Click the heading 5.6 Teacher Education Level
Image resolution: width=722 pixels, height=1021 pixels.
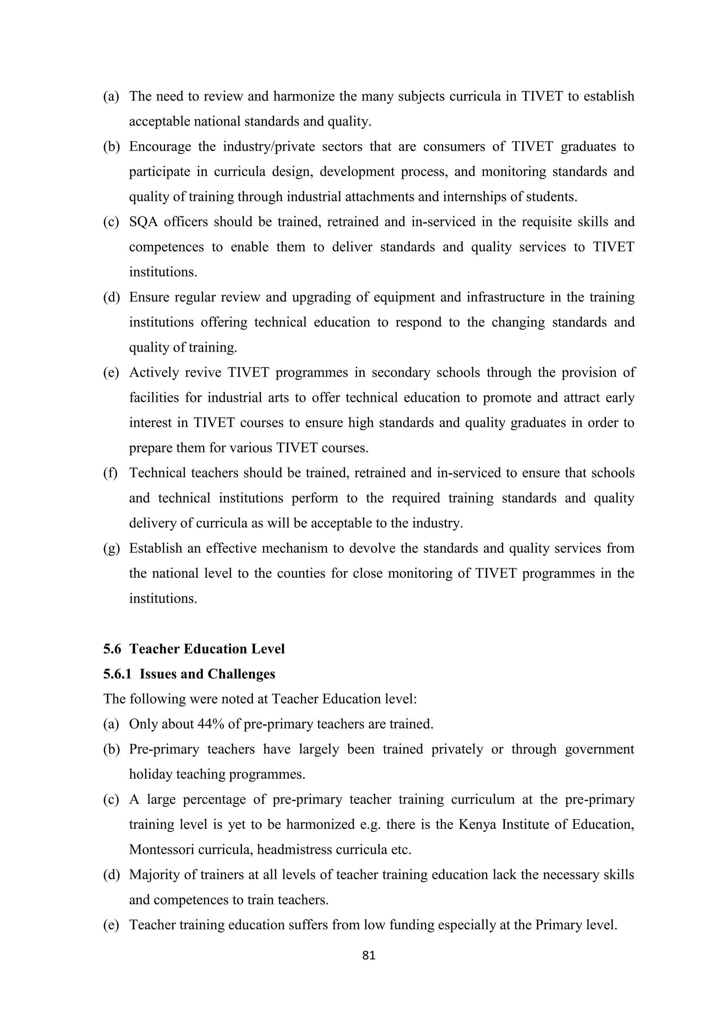pyautogui.click(x=194, y=649)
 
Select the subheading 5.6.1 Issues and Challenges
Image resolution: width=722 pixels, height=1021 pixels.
pyautogui.click(x=189, y=674)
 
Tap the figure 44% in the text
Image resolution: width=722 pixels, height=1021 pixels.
pyautogui.click(x=211, y=724)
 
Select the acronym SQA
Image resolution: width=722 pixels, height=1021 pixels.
pyautogui.click(x=143, y=222)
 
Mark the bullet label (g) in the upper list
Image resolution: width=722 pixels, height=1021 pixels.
pyautogui.click(x=111, y=548)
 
